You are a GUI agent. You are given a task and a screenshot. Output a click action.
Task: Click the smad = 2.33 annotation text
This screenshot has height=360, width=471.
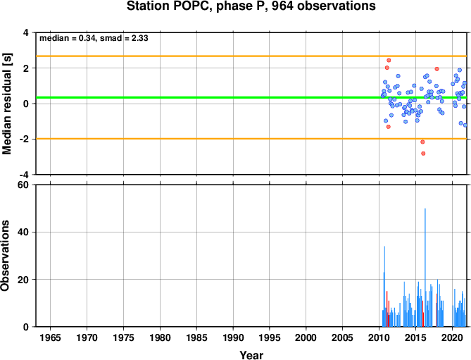(124, 38)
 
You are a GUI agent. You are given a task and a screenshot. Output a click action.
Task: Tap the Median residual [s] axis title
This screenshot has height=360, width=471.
(7, 104)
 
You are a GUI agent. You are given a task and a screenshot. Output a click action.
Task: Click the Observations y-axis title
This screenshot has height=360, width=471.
(5, 256)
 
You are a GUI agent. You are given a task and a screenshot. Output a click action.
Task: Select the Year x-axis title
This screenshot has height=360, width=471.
(251, 355)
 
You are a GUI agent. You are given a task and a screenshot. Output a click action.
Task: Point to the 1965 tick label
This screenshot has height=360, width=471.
(50, 337)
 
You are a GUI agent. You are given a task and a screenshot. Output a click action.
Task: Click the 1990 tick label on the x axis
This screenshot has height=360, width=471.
(233, 337)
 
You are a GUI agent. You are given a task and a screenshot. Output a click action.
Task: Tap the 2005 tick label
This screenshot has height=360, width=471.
(342, 337)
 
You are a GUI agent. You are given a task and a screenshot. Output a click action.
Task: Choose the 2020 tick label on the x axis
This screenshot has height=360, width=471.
(452, 337)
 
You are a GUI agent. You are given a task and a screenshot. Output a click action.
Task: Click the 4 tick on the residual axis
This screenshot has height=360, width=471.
(27, 32)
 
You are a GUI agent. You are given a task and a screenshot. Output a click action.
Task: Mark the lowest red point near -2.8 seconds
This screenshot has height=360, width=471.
(423, 154)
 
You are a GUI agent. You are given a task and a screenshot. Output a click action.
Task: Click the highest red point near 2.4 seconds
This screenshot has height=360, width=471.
(389, 61)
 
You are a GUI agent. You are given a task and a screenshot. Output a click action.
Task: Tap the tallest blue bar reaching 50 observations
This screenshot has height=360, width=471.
(425, 268)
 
